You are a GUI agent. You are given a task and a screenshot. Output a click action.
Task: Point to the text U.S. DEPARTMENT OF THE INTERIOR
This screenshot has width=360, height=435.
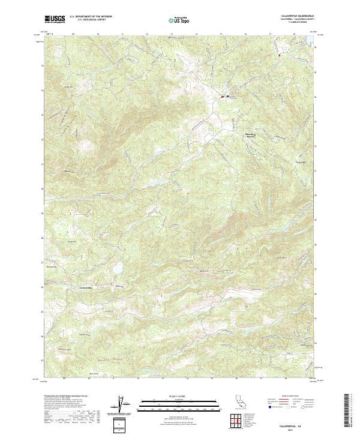92,17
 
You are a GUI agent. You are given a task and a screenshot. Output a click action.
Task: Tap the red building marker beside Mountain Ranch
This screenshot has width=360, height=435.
222,97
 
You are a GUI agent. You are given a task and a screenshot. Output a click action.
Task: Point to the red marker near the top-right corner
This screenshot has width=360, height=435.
280,55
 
